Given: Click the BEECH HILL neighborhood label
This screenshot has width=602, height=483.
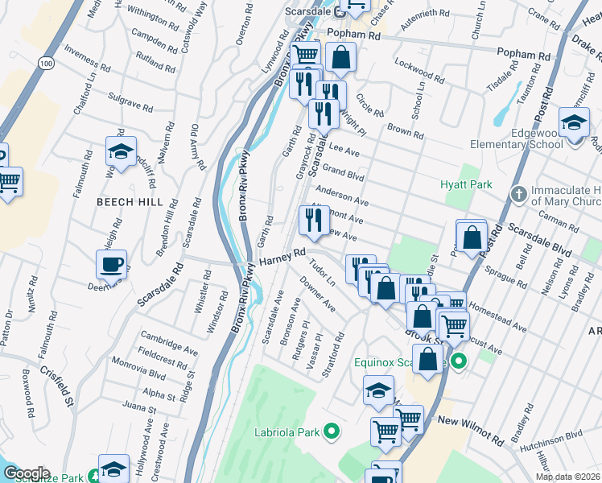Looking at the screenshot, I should pos(130,202).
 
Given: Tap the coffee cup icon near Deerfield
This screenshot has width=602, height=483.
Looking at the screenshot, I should pos(111,263).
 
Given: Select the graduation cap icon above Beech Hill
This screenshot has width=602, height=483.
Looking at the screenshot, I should pos(120,151).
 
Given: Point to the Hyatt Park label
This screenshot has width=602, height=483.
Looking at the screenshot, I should pos(466,185).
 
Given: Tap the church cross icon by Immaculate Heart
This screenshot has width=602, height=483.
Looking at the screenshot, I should pos(519,194).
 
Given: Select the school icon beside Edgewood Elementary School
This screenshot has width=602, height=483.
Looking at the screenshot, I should pos(573,123).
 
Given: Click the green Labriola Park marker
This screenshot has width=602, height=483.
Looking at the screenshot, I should pos(330,432).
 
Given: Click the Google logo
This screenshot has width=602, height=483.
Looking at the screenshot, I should pos(27,473).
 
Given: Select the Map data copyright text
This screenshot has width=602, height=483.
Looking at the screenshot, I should pos(567,477).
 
